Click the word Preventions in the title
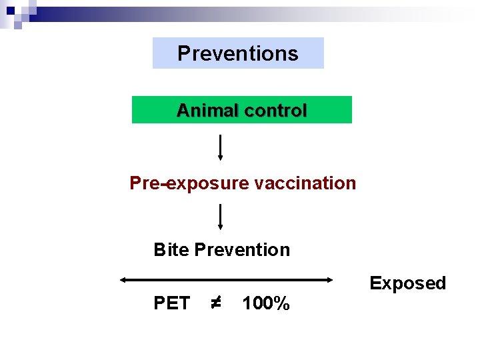[x=238, y=53]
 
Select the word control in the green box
[x=275, y=111]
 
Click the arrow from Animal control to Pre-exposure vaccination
[x=221, y=146]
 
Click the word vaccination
[x=305, y=183]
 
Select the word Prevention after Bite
[x=242, y=250]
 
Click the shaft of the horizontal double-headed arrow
[x=225, y=280]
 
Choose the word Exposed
[x=407, y=283]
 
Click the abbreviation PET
[x=171, y=304]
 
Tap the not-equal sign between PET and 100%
[x=215, y=304]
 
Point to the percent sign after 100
[x=283, y=304]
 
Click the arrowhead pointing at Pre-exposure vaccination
[x=221, y=157]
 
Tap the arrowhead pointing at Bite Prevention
[x=221, y=227]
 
